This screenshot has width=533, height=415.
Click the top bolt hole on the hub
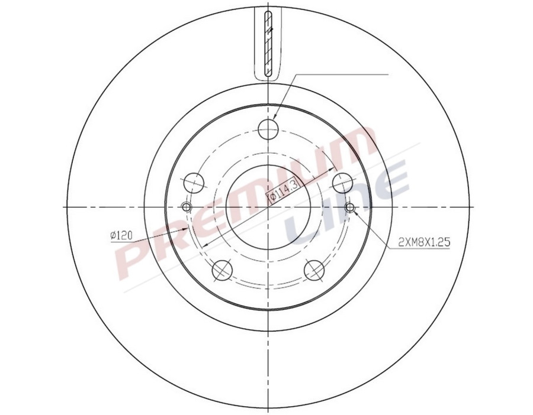(x=268, y=127)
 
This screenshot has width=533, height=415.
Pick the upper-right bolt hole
(x=342, y=182)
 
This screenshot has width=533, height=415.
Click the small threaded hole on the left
(x=187, y=207)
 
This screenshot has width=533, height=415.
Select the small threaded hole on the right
(x=350, y=207)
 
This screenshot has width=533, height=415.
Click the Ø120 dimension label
(x=121, y=236)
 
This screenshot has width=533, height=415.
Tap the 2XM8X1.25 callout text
(x=424, y=242)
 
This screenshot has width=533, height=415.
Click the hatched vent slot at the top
(x=268, y=44)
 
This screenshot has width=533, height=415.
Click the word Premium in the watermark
(x=237, y=201)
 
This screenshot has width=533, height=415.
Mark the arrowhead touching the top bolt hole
(x=276, y=116)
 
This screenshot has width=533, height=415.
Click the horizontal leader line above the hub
(x=341, y=74)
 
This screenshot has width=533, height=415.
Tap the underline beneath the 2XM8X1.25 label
(x=424, y=248)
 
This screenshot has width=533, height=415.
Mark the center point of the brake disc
(x=268, y=207)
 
